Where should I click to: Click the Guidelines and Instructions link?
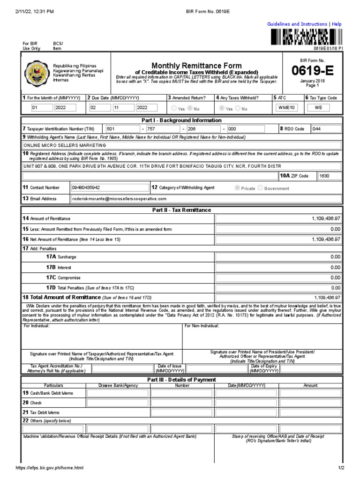tap(297, 24)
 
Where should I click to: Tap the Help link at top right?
tap(337, 24)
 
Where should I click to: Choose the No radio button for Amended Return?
tap(190, 108)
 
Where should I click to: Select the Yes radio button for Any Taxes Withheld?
tap(222, 108)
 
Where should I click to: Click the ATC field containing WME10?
tap(286, 108)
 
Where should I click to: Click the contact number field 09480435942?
tap(108, 187)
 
